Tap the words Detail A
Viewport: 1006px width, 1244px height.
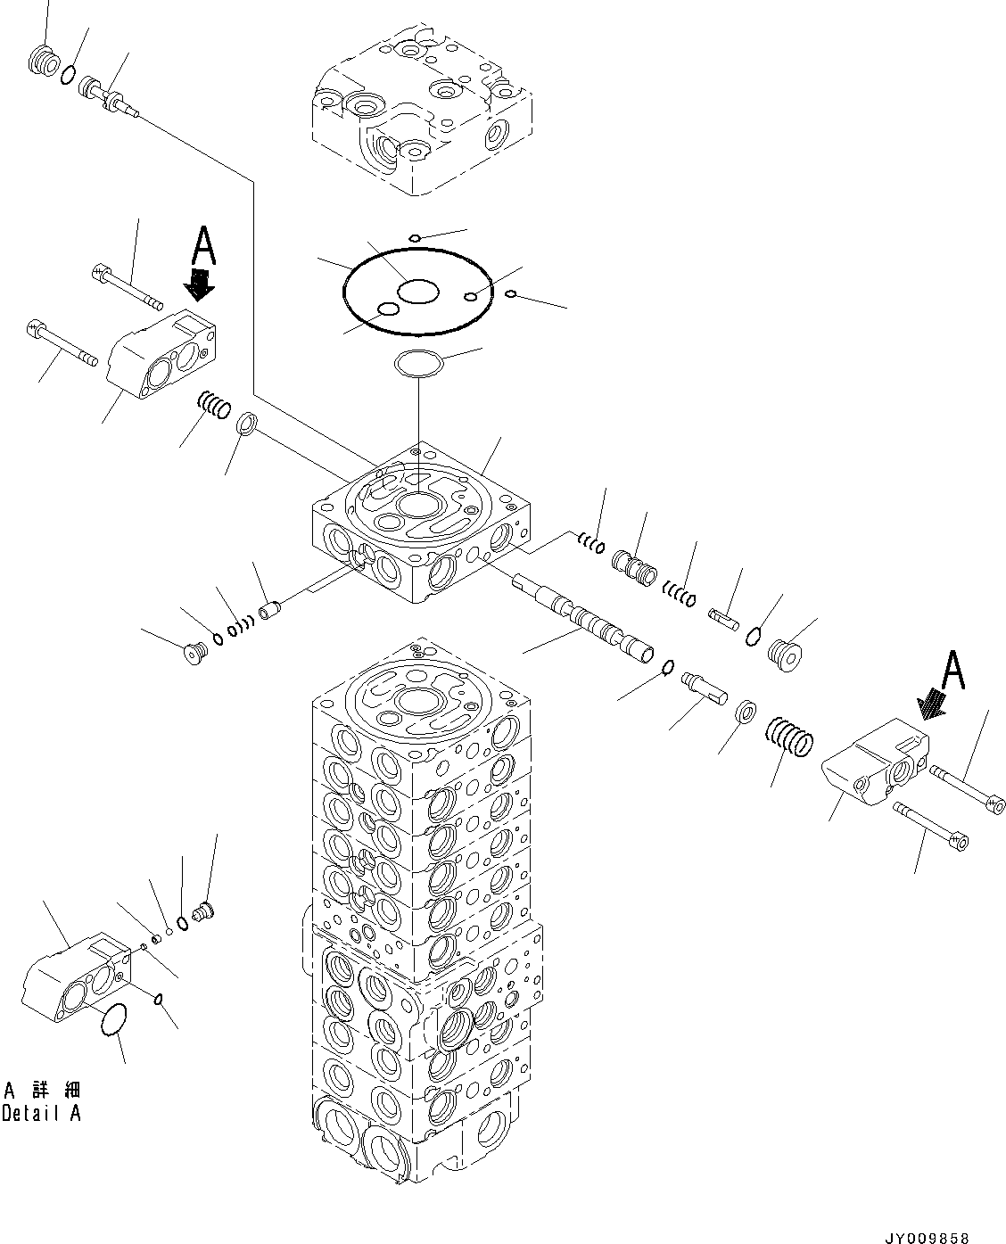[41, 1114]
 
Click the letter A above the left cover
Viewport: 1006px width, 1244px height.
[203, 243]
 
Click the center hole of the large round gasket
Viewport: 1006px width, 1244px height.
[417, 291]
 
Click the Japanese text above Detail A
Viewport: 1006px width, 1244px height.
[42, 1090]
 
